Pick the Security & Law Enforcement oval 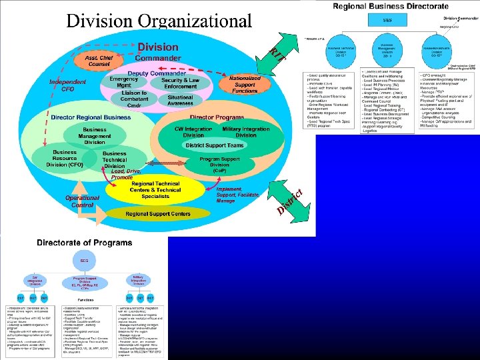(180, 83)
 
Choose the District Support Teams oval (215, 145)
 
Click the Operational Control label (82, 201)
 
